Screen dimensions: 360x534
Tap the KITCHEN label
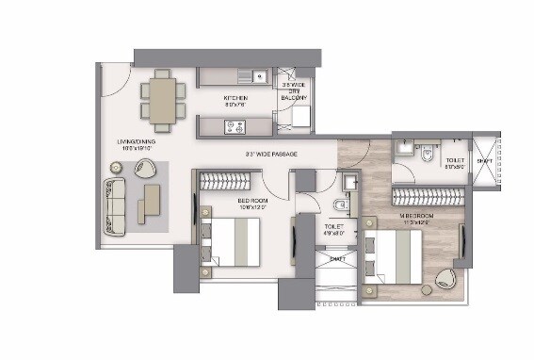tap(235, 98)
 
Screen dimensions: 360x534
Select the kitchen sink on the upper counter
tap(255, 76)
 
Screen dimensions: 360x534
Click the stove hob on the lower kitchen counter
tap(232, 124)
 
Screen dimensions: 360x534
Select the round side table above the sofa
tap(117, 168)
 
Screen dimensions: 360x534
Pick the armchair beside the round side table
tap(145, 170)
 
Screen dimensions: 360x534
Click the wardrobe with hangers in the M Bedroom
tap(427, 196)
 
